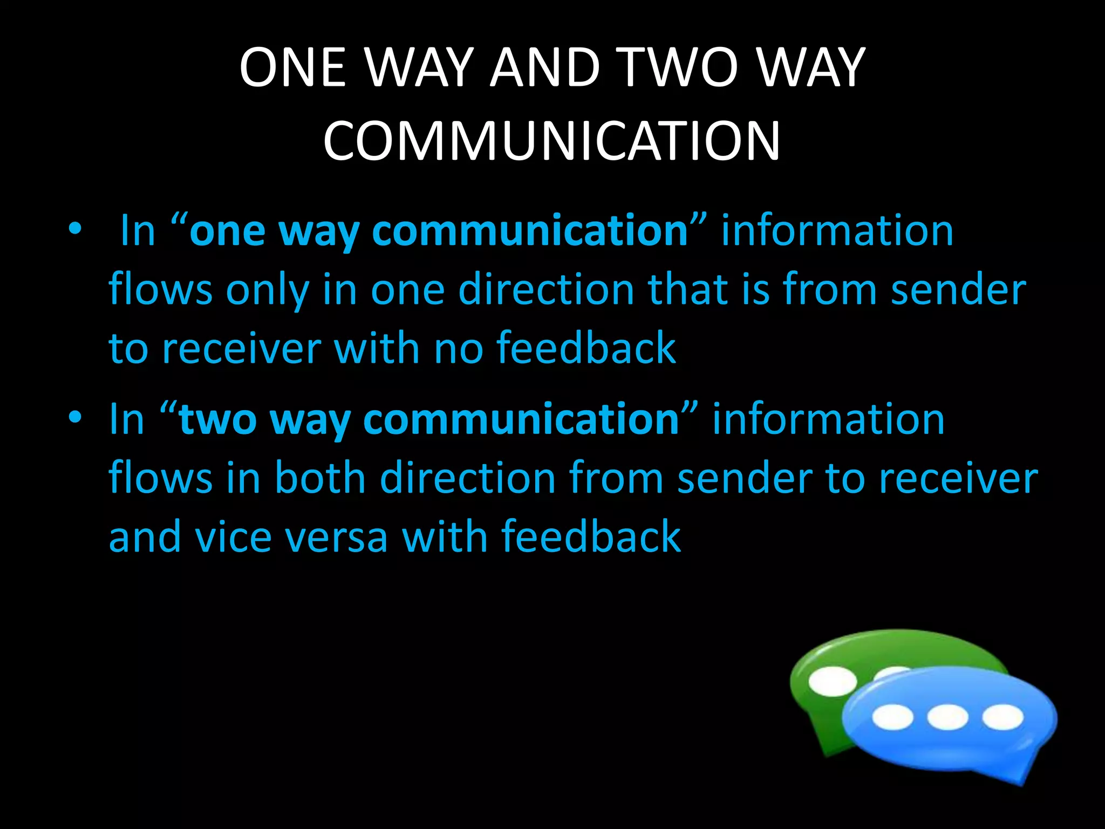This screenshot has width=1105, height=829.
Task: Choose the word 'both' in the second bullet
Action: [x=320, y=479]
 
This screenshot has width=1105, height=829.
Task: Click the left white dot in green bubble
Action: [x=833, y=681]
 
